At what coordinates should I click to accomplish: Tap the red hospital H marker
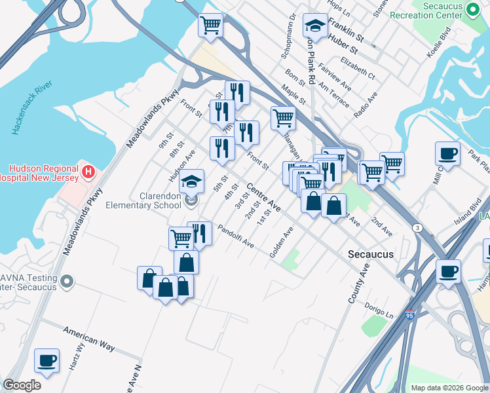89,172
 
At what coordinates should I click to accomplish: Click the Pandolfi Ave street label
235,236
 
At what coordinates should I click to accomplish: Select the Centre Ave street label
263,197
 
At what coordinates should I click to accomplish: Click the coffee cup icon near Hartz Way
47,360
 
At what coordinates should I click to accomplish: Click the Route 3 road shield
417,227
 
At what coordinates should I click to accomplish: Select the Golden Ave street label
282,242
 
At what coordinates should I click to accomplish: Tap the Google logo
22,385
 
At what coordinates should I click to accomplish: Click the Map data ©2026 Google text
449,388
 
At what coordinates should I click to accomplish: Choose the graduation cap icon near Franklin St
315,27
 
